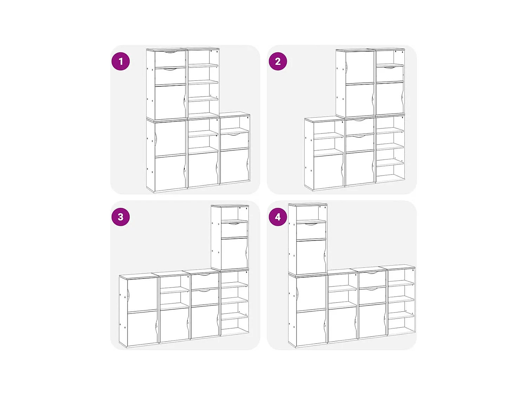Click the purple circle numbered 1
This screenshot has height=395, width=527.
[x=121, y=61]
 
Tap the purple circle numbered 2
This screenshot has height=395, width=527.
[x=278, y=61]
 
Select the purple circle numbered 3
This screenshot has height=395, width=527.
[x=121, y=217]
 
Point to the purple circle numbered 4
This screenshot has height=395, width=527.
[x=278, y=217]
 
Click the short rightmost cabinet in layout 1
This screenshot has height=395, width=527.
[x=235, y=148]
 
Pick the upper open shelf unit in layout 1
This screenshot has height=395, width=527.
[x=203, y=83]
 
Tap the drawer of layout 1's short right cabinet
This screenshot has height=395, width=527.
[x=235, y=140]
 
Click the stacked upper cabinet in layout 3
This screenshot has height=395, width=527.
[x=230, y=237]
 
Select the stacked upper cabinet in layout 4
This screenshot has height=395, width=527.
[x=308, y=239]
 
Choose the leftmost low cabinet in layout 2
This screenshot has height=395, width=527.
[x=325, y=154]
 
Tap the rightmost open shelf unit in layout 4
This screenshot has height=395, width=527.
[x=401, y=300]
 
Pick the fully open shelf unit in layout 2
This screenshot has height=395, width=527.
[x=390, y=149]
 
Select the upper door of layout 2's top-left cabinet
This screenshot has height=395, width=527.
[x=360, y=68]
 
